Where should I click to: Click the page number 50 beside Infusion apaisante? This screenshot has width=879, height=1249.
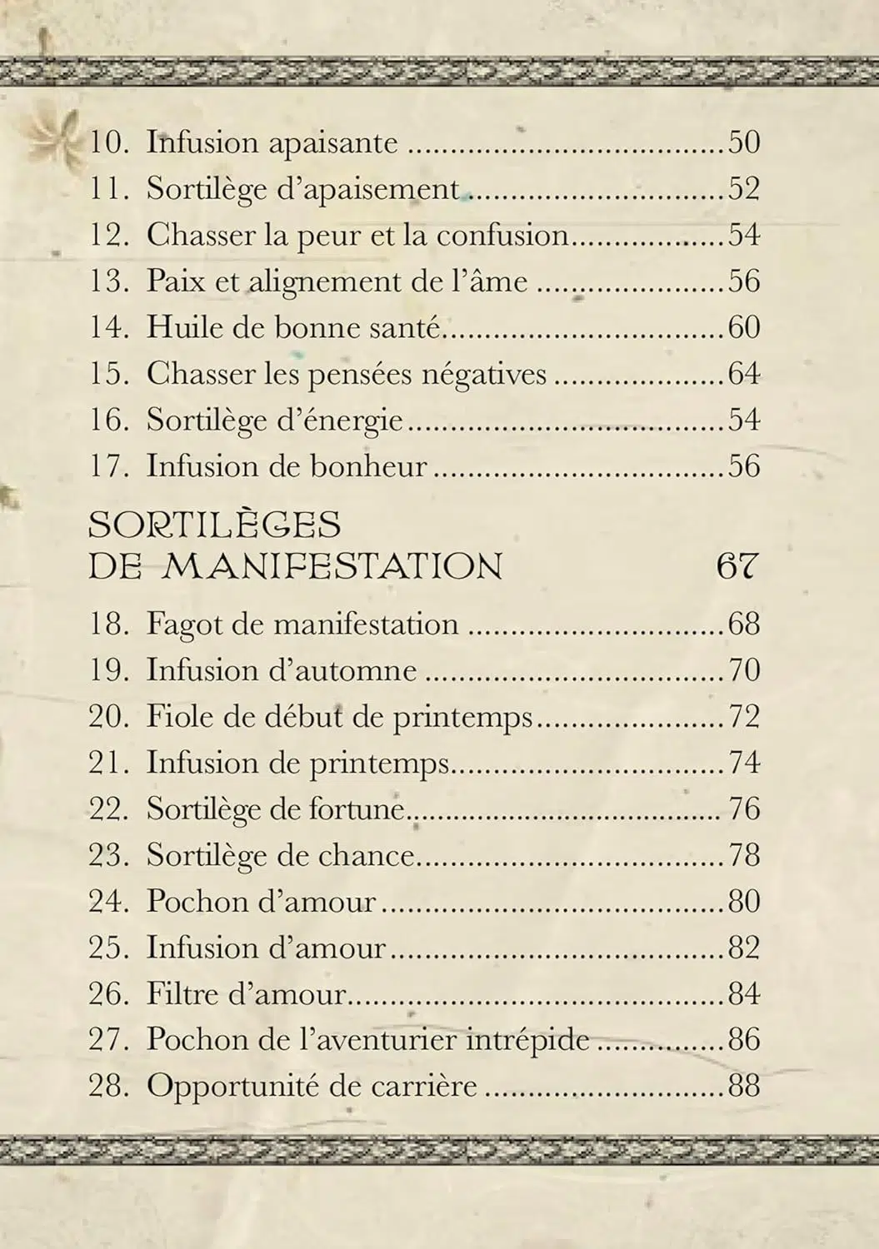[x=744, y=142]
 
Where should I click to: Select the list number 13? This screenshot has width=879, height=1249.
[x=109, y=281]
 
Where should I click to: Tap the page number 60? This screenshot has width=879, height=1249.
[x=744, y=327]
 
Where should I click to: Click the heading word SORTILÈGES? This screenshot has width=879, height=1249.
[x=215, y=525]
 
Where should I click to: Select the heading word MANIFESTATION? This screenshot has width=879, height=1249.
[x=332, y=567]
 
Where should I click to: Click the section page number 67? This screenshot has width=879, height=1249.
[x=737, y=567]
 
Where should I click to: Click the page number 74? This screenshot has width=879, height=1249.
[x=744, y=763]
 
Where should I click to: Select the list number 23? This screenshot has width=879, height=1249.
[x=109, y=856]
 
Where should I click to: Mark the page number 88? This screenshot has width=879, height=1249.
[x=744, y=1087]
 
